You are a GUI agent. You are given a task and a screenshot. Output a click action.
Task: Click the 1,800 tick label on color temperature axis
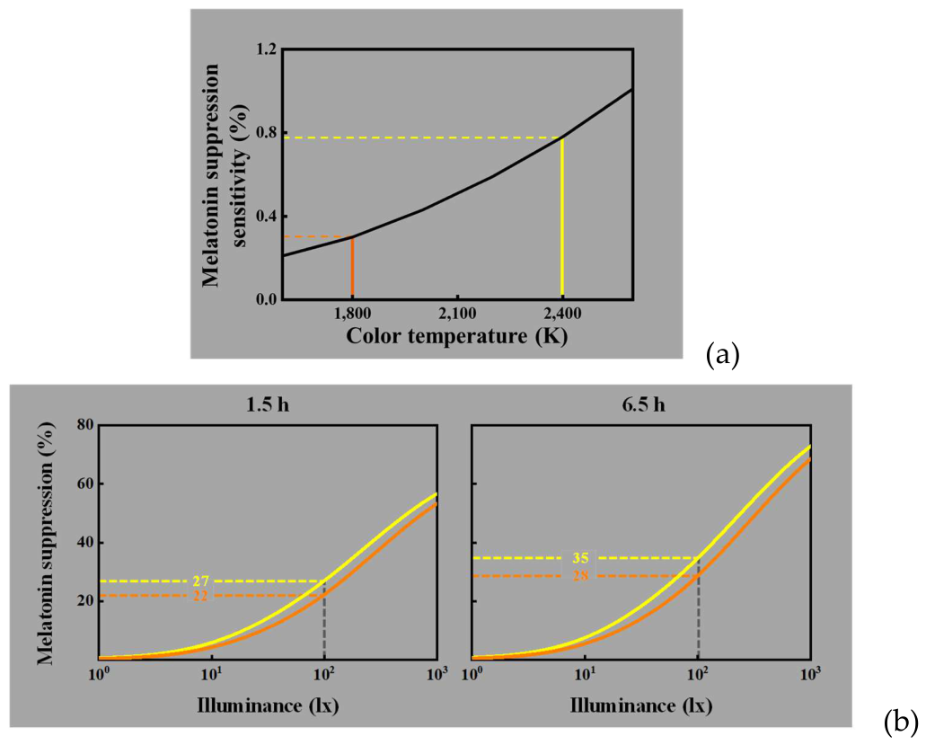(353, 313)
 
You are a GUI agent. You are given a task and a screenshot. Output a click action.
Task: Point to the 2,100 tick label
(457, 313)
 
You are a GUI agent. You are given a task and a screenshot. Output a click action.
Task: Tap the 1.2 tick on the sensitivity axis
(266, 49)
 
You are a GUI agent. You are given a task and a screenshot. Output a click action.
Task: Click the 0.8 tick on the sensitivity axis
(266, 132)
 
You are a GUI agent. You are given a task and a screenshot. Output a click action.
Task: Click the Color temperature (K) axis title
(456, 336)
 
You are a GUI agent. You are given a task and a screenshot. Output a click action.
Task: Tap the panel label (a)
(722, 356)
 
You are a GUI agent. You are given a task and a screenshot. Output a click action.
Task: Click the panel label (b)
(901, 722)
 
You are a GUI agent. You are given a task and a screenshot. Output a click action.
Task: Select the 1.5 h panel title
(268, 406)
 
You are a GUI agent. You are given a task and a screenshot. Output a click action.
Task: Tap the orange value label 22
(201, 596)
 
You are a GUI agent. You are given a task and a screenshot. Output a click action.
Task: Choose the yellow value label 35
(580, 558)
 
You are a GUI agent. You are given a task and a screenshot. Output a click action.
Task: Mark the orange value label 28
(580, 576)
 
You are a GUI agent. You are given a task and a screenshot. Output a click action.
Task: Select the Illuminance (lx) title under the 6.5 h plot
(640, 705)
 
